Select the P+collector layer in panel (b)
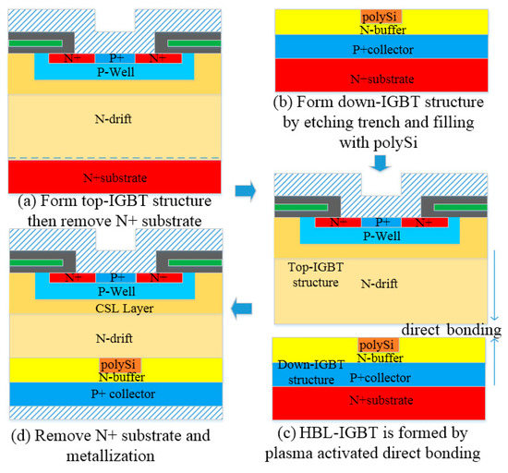(377, 49)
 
